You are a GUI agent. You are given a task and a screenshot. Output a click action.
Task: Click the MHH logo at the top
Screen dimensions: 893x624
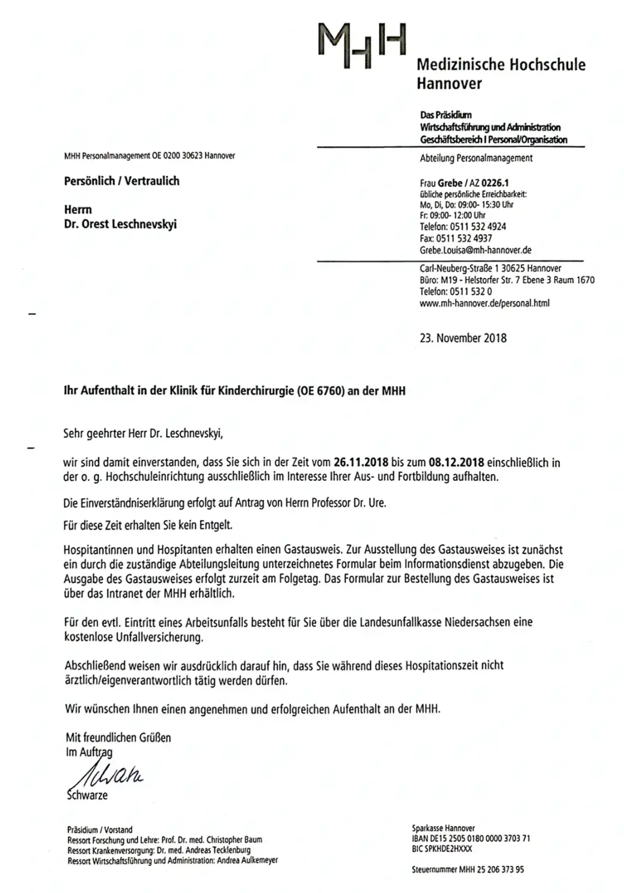pos(362,46)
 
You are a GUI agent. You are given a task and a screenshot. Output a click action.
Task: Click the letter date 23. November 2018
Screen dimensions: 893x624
pos(463,338)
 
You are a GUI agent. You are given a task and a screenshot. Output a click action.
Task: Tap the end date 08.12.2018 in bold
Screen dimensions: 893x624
pos(456,463)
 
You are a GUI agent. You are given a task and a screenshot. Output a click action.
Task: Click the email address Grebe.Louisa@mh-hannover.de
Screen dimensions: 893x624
pos(475,250)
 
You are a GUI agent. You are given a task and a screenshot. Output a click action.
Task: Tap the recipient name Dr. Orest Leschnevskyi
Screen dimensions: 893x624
pos(120,224)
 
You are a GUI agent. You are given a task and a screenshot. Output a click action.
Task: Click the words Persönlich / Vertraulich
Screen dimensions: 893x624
pos(121,181)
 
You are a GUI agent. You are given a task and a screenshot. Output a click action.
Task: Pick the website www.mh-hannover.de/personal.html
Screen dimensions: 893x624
pos(484,303)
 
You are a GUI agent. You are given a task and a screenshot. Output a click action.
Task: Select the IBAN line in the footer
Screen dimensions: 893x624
pos(471,838)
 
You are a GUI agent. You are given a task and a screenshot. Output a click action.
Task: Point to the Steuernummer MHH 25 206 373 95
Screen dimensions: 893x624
pos(468,870)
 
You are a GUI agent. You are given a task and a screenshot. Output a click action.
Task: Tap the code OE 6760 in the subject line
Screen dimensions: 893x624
pos(320,391)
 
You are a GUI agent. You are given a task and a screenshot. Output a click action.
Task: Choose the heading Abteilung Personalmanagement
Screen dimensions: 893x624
pos(476,158)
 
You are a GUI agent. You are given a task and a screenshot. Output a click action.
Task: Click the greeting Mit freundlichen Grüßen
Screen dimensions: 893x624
pos(118,738)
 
